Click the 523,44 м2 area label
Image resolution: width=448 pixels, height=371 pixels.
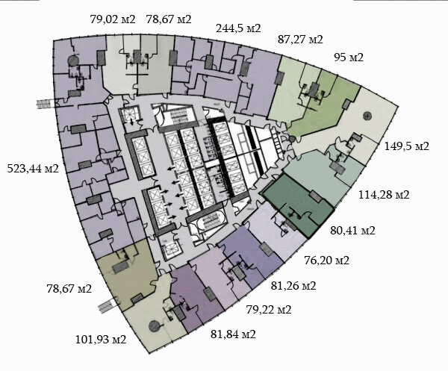(33, 169)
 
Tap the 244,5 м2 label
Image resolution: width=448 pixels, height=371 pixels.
(238, 28)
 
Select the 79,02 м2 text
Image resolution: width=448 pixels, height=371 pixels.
(113, 19)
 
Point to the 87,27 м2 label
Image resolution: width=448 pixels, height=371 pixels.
(300, 40)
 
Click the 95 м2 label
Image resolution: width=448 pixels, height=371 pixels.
(349, 57)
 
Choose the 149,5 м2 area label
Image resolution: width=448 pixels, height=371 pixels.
(407, 146)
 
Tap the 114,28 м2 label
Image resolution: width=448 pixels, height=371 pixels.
(384, 195)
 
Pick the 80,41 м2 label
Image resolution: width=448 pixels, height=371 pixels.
(352, 231)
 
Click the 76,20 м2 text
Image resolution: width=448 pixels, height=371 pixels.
(326, 261)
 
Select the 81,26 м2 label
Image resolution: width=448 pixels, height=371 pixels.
(293, 286)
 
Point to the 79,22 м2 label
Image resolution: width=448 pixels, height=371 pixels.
(269, 310)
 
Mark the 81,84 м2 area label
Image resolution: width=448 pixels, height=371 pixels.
(233, 334)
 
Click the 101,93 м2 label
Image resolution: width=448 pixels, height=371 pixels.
(101, 340)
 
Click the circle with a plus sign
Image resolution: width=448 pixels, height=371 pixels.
(367, 116)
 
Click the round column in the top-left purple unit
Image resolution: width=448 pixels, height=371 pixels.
(72, 60)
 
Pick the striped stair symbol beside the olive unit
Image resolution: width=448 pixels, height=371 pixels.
(108, 306)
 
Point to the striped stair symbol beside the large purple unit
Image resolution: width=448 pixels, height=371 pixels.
(45, 104)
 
